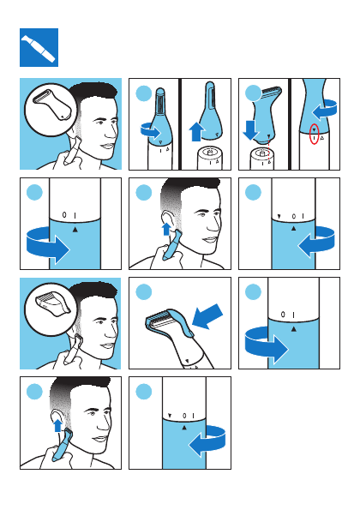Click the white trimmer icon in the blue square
click(38, 48)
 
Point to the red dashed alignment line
click(269, 149)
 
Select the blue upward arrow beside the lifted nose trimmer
click(196, 131)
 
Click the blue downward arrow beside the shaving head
click(251, 129)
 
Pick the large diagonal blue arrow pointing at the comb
click(207, 316)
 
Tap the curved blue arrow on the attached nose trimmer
click(151, 131)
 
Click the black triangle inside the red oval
click(315, 129)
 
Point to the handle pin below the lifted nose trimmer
click(210, 151)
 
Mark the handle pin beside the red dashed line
click(262, 152)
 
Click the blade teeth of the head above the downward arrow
click(271, 90)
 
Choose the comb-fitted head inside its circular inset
click(51, 303)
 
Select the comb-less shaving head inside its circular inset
click(51, 105)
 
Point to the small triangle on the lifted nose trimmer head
click(217, 134)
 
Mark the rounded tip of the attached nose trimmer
click(160, 90)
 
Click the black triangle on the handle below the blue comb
click(187, 361)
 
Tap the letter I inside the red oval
click(315, 139)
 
